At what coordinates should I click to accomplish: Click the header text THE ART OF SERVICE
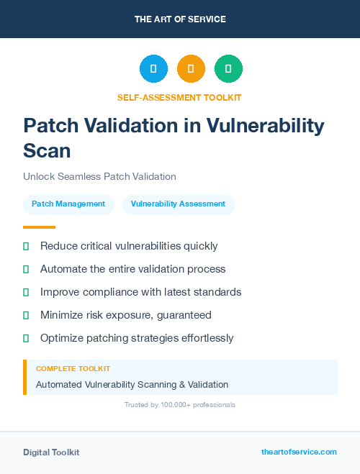pyautogui.click(x=180, y=19)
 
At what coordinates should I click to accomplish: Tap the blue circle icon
pyautogui.click(x=153, y=69)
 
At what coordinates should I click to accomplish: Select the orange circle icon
pyautogui.click(x=191, y=69)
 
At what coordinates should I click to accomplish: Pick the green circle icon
pyautogui.click(x=228, y=69)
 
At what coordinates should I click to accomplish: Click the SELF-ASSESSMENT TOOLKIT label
pyautogui.click(x=179, y=97)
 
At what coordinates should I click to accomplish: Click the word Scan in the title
pyautogui.click(x=48, y=150)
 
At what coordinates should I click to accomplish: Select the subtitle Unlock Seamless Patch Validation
pyautogui.click(x=99, y=176)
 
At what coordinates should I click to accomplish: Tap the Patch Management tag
pyautogui.click(x=68, y=204)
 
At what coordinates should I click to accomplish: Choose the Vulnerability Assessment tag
pyautogui.click(x=178, y=204)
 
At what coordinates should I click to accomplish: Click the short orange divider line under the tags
pyautogui.click(x=34, y=227)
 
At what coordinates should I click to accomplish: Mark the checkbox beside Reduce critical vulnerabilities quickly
pyautogui.click(x=26, y=246)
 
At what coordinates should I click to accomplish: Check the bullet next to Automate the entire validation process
pyautogui.click(x=26, y=269)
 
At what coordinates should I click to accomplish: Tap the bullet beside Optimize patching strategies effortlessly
pyautogui.click(x=26, y=338)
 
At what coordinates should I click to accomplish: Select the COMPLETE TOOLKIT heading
pyautogui.click(x=73, y=369)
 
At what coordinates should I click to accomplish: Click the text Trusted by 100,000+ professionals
pyautogui.click(x=180, y=405)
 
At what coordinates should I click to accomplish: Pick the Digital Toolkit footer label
pyautogui.click(x=51, y=452)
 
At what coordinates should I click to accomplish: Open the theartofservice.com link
pyautogui.click(x=299, y=452)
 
